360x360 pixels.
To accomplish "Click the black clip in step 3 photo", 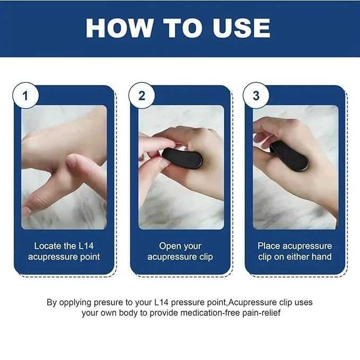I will [x=289, y=156].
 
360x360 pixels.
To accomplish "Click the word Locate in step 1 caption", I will [x=48, y=246].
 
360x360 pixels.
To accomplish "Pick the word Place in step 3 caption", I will [x=269, y=246].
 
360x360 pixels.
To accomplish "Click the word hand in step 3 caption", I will [x=321, y=257].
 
